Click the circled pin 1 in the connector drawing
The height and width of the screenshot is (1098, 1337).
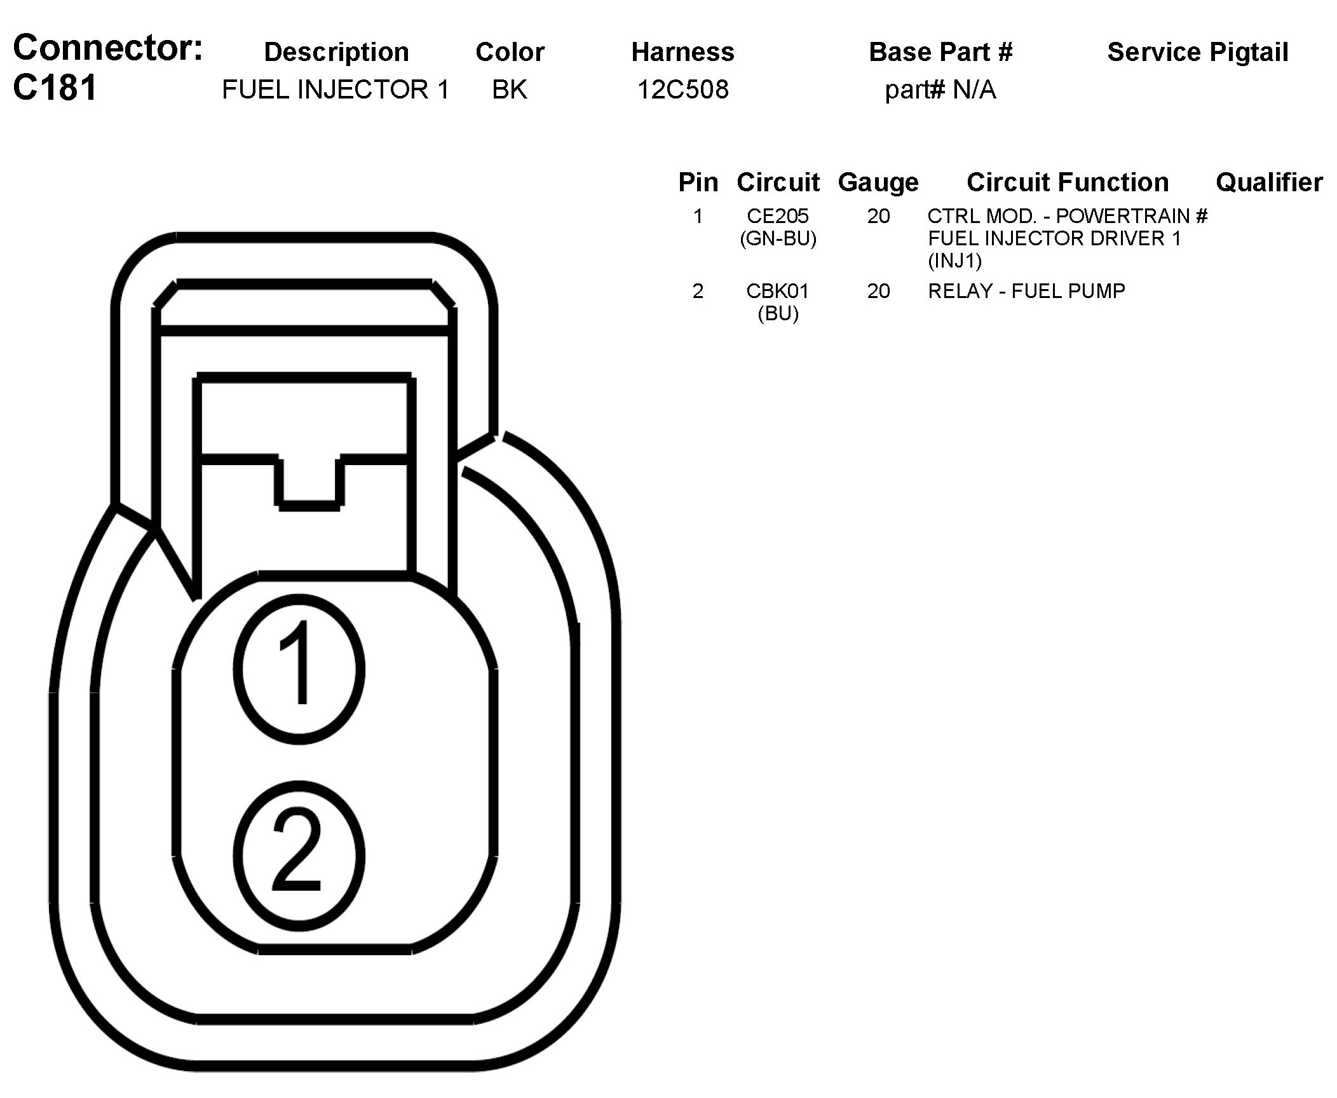point(299,669)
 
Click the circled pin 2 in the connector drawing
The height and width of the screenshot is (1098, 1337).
point(299,855)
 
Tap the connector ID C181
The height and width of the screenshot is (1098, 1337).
point(55,88)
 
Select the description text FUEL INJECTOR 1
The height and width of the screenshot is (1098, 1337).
point(336,90)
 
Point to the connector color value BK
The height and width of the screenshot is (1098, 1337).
point(510,90)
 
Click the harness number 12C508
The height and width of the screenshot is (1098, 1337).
point(683,90)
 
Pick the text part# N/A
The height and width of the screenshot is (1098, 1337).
point(940,90)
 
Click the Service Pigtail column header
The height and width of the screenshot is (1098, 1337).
point(1198,52)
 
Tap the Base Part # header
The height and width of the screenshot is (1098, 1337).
point(940,52)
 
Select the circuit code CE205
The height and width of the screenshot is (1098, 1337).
point(778,216)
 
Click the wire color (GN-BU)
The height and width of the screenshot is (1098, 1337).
point(778,239)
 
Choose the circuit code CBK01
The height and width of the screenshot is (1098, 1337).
point(778,291)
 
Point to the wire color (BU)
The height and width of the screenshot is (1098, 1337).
point(778,314)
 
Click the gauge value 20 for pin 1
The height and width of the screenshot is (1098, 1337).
point(878,216)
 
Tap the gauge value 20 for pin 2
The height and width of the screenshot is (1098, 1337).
point(878,291)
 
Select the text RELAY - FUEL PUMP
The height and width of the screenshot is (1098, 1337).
point(1026,291)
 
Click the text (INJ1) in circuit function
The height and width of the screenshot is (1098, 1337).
point(954,261)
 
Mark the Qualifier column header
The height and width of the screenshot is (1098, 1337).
point(1269,182)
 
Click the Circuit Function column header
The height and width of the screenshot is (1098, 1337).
point(1068,182)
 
